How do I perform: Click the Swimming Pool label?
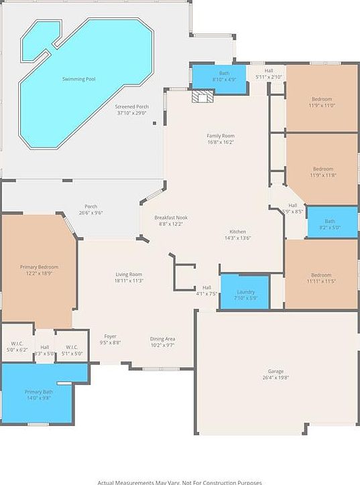78,79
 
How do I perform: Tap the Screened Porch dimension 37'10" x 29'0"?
132,113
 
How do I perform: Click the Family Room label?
220,136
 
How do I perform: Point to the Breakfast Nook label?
170,218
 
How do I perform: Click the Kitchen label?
237,232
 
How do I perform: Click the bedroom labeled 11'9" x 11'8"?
322,171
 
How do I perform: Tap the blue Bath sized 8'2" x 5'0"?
332,222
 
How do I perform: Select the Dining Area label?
163,339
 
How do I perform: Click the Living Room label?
128,274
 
